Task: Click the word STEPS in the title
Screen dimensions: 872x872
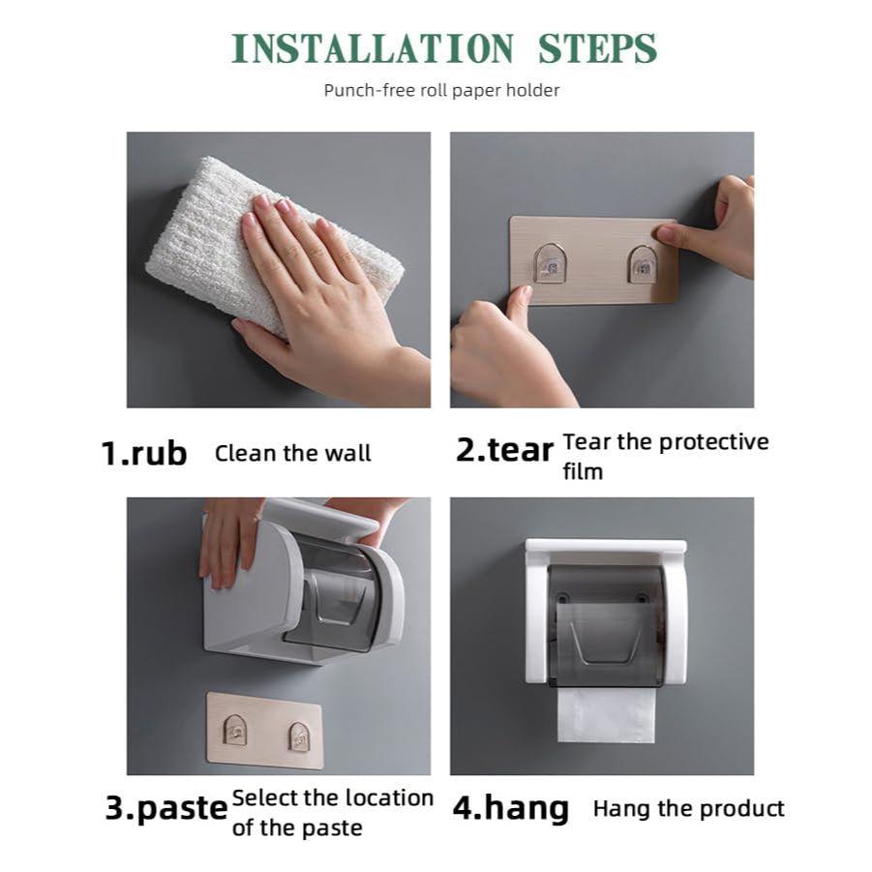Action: (598, 48)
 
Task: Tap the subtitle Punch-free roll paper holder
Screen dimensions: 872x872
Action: (441, 91)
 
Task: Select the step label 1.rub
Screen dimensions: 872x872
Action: (144, 453)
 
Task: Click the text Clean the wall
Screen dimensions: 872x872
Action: (292, 453)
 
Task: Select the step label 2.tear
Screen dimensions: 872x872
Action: (504, 450)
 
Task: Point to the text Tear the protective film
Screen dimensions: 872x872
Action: (665, 456)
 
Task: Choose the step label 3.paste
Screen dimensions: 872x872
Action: (165, 808)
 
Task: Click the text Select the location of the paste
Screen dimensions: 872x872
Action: (332, 812)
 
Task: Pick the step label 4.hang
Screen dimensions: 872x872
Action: (511, 808)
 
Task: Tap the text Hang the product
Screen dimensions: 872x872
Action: (688, 808)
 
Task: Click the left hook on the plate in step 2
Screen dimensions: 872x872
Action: (551, 262)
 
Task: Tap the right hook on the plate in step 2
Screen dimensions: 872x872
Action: (641, 263)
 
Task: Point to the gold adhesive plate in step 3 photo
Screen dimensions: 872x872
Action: (264, 730)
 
